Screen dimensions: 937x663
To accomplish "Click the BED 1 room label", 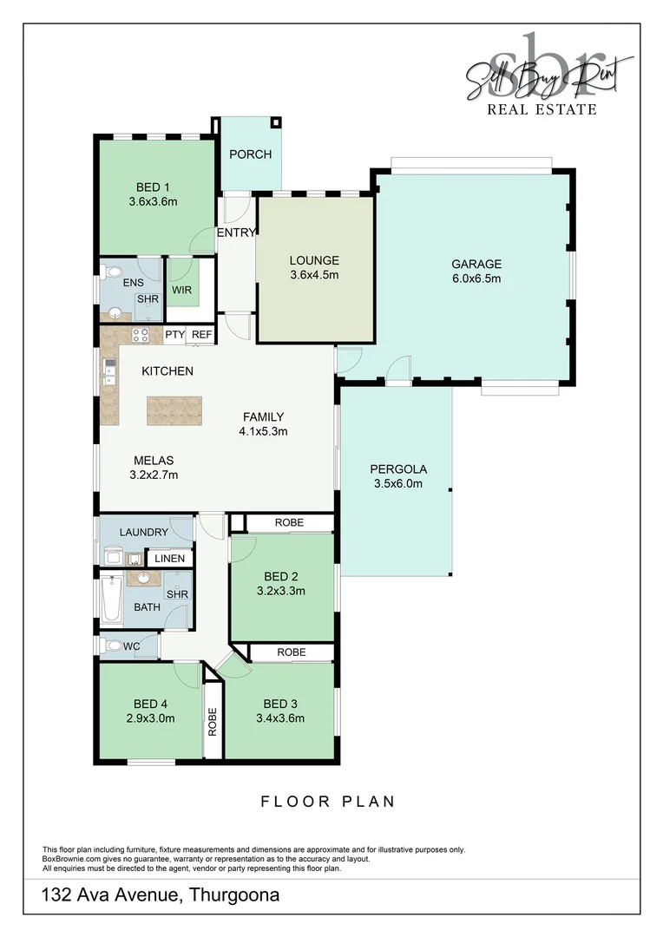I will point(153,187).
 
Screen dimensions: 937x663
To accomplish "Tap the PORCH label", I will point(250,154).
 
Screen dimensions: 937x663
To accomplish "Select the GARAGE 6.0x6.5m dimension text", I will point(476,278).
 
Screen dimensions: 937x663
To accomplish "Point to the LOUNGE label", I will point(314,260).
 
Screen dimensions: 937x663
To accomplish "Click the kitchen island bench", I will point(174,410).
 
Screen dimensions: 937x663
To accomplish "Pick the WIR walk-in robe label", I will point(181,290).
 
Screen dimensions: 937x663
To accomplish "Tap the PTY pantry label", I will point(174,334).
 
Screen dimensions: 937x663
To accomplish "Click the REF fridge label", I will point(201,334).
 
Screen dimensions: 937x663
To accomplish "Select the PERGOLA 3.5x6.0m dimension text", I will point(397,483).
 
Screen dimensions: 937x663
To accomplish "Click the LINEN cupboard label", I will point(170,558).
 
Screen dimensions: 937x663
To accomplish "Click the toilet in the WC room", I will point(110,645).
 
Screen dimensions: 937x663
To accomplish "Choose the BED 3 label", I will point(281,703).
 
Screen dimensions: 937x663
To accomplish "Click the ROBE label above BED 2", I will point(288,523).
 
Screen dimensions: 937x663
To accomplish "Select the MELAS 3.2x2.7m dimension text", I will point(154,475).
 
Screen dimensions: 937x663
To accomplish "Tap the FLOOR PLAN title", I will point(328,801).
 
